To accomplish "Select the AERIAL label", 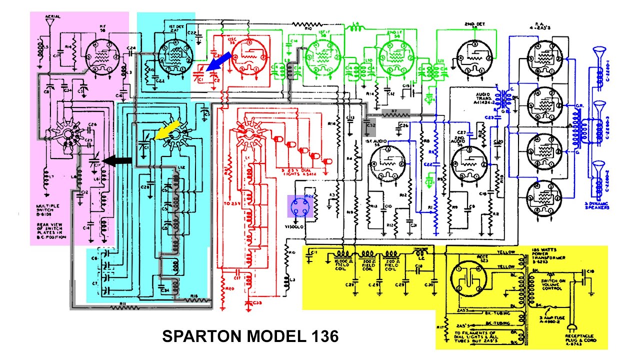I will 52,16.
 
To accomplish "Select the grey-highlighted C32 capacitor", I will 369,129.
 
